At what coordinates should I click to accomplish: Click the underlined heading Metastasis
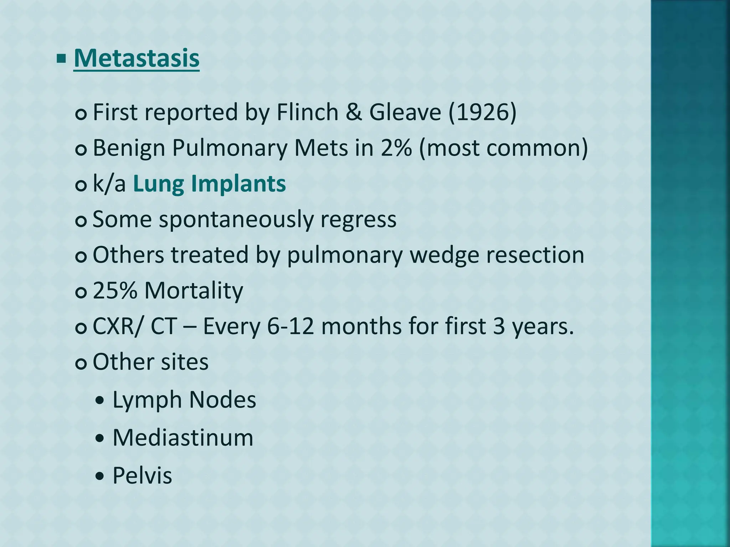137,58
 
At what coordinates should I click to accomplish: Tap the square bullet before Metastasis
61,58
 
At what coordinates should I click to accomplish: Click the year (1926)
482,113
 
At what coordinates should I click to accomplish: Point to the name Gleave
405,113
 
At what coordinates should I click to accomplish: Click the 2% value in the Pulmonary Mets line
396,148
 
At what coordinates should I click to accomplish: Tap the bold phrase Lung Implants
209,184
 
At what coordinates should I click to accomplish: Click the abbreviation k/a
109,184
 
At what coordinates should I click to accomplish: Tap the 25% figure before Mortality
115,291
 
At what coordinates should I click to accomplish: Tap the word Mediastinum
183,438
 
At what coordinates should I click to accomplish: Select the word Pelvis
142,475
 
